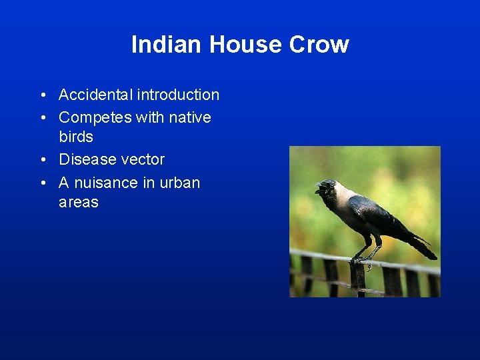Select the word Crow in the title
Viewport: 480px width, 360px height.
[x=319, y=45]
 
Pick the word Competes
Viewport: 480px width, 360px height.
[x=95, y=117]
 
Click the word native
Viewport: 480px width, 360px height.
[x=189, y=117]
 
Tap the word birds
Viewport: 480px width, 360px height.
[x=76, y=137]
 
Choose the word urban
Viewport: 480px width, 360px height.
[x=180, y=183]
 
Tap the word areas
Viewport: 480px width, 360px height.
[x=79, y=202]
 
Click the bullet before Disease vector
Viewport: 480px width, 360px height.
[x=42, y=160]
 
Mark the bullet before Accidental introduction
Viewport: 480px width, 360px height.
[x=42, y=95]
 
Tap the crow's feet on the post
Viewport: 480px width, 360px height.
[x=363, y=259]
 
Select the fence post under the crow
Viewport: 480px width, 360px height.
[x=358, y=280]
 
